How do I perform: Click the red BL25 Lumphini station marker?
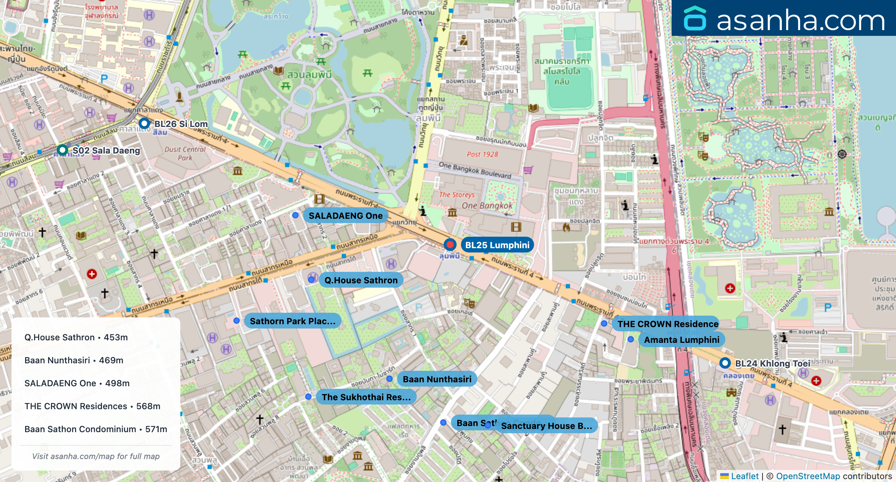click(x=450, y=245)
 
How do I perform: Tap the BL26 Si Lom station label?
click(x=181, y=124)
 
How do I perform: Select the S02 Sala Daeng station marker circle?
click(x=62, y=150)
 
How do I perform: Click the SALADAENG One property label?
click(x=345, y=216)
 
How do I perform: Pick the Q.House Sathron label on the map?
click(x=361, y=280)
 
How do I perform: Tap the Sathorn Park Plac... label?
click(x=292, y=321)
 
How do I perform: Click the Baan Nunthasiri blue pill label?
click(x=437, y=379)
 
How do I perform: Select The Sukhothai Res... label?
click(x=366, y=397)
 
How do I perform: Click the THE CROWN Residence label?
click(x=667, y=324)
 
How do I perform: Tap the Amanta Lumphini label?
click(x=681, y=340)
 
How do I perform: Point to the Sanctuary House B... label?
click(x=546, y=426)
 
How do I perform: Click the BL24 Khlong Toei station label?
click(x=772, y=363)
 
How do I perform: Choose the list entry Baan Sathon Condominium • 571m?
click(x=95, y=429)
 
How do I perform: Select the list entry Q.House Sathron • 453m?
click(x=76, y=337)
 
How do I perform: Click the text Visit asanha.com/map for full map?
click(x=95, y=456)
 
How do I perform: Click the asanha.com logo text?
click(x=800, y=20)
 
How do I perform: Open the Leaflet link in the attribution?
click(x=745, y=476)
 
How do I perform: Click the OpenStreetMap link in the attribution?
click(x=808, y=476)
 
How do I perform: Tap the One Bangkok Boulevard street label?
click(x=475, y=170)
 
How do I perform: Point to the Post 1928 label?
click(x=482, y=154)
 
